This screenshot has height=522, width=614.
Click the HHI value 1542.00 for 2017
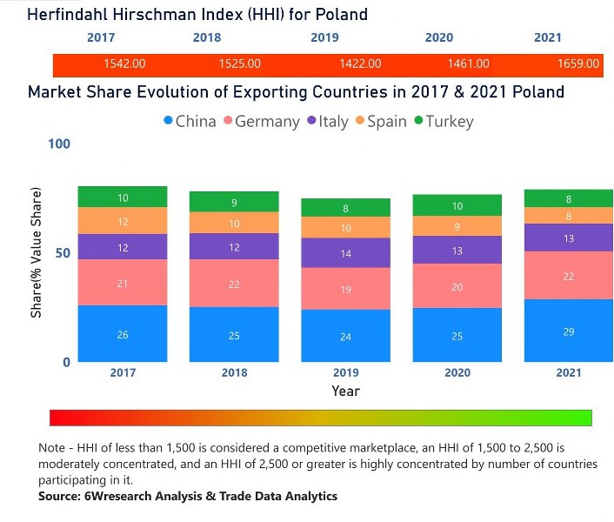pos(124,64)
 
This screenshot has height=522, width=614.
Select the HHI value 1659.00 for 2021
pos(578,64)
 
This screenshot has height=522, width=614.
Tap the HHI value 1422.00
pos(360,64)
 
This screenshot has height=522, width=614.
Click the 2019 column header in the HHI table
pos(324,38)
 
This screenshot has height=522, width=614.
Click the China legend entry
pos(190,122)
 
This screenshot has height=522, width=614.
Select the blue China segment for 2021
pos(568,331)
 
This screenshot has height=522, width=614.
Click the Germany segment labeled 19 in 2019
pos(345,289)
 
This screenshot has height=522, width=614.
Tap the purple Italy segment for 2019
pos(345,253)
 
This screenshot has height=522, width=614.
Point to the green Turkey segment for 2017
pos(123,197)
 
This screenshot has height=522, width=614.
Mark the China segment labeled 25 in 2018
pos(234,335)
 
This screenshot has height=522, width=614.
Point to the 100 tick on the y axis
pos(58,144)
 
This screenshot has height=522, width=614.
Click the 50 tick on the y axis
pos(62,253)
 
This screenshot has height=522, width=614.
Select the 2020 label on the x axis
pos(457,372)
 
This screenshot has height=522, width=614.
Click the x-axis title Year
pos(345,391)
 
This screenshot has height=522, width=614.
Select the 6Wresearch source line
pos(187,496)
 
